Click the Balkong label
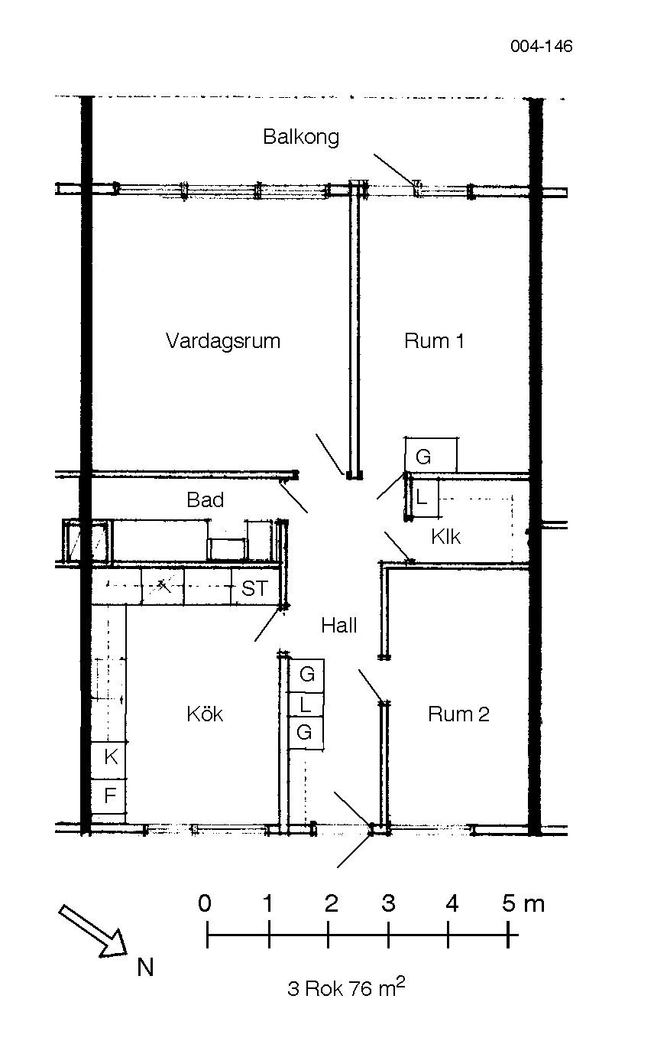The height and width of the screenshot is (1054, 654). [301, 137]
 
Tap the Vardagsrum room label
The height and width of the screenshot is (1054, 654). [223, 341]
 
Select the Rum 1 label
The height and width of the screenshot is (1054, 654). [434, 340]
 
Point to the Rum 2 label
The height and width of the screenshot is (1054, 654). [458, 714]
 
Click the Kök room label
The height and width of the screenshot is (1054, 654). [205, 714]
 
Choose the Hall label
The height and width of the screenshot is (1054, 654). [339, 626]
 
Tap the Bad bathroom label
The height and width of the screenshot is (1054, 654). [205, 499]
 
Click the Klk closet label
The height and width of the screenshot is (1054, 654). [445, 536]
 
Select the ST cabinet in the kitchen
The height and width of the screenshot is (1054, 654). [256, 587]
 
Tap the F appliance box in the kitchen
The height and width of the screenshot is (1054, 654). [108, 796]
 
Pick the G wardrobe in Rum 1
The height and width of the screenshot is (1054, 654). [431, 455]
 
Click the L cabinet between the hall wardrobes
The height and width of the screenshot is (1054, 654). [306, 705]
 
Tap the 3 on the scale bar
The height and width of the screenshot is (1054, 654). [388, 903]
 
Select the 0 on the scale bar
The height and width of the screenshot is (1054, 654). [205, 903]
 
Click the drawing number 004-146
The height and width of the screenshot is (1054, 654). [541, 46]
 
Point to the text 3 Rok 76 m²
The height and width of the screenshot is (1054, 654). [346, 987]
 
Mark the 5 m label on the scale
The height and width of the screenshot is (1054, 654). [523, 903]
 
